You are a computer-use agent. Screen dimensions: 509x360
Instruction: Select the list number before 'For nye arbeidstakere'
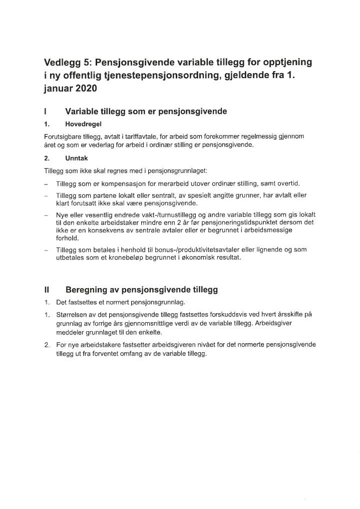[47, 345]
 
